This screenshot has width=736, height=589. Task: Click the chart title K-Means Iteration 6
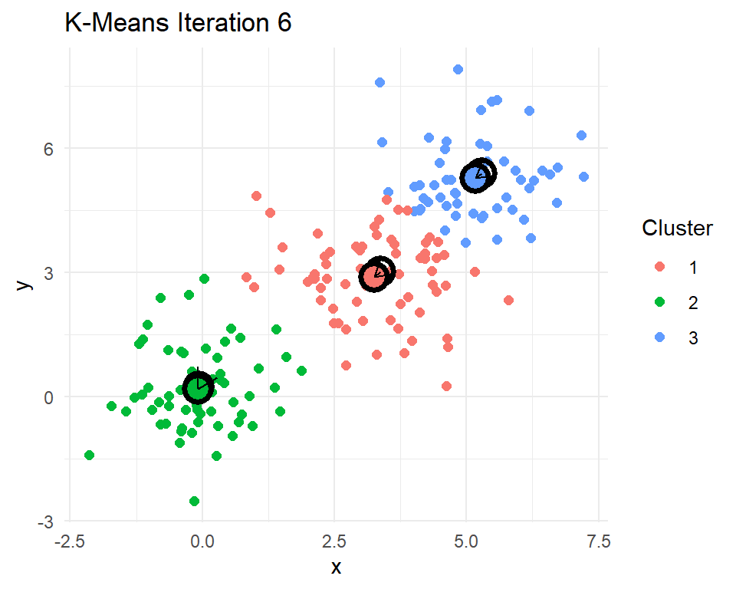tap(178, 24)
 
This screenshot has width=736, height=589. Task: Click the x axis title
tap(335, 568)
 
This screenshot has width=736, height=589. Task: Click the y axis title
tap(25, 284)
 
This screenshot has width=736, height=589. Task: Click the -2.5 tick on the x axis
tap(69, 542)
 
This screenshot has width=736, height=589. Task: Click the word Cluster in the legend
tap(678, 229)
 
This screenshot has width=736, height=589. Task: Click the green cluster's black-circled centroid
tap(198, 388)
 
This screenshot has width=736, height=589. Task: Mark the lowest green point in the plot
tap(194, 501)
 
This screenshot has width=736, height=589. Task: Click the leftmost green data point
tap(89, 455)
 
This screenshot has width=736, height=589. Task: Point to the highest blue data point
tap(458, 69)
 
